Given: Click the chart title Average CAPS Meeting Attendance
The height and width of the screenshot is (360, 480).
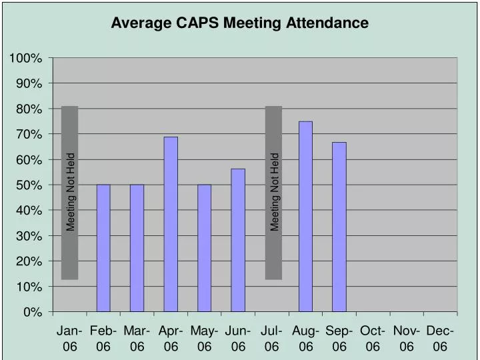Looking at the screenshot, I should [x=239, y=23].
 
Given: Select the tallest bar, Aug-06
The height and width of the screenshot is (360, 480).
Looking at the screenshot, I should [x=305, y=216].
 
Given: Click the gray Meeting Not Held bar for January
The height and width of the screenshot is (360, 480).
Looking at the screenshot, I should [x=70, y=193].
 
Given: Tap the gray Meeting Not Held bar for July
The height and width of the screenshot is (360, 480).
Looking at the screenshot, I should [x=273, y=193].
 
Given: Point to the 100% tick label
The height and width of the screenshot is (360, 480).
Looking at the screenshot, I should [x=26, y=59].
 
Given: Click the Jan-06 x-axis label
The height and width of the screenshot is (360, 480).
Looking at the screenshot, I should [x=70, y=339].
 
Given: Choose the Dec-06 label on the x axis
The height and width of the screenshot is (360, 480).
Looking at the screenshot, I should [x=440, y=339].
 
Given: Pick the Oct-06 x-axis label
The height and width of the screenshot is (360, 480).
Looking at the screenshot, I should [x=373, y=339].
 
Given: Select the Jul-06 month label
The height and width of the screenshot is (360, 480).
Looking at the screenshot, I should [x=272, y=339].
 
